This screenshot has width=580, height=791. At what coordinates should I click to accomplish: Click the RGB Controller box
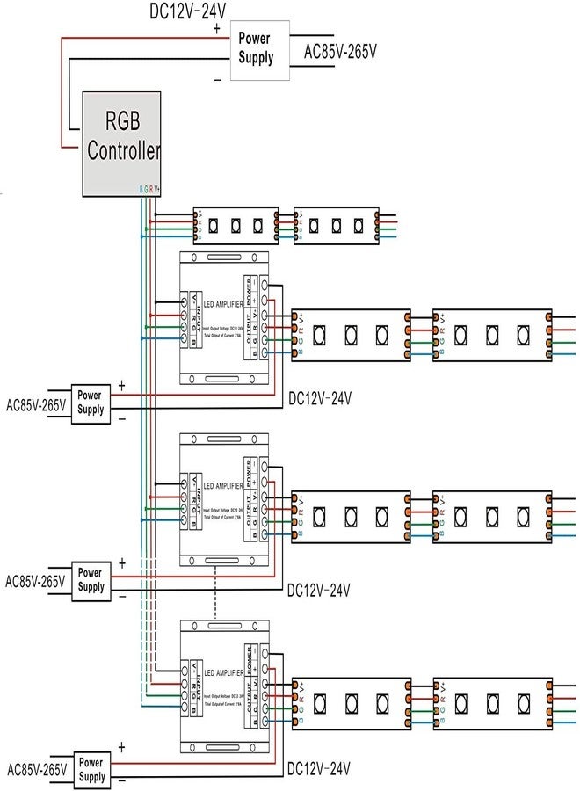(x=122, y=142)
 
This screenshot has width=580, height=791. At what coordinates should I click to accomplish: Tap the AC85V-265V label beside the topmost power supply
(x=340, y=52)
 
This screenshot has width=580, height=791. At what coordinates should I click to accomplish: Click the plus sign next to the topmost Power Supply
(x=217, y=28)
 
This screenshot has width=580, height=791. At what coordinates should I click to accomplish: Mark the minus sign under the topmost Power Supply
(x=217, y=80)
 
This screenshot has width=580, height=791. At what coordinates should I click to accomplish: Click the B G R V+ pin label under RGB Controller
(x=149, y=188)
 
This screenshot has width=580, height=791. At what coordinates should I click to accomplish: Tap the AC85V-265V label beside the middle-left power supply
(x=36, y=581)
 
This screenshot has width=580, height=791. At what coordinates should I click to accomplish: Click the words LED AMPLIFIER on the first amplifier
(x=223, y=304)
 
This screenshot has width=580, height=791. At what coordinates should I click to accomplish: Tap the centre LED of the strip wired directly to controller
(x=236, y=225)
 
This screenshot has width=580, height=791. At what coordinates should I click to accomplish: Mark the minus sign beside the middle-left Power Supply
(x=121, y=597)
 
